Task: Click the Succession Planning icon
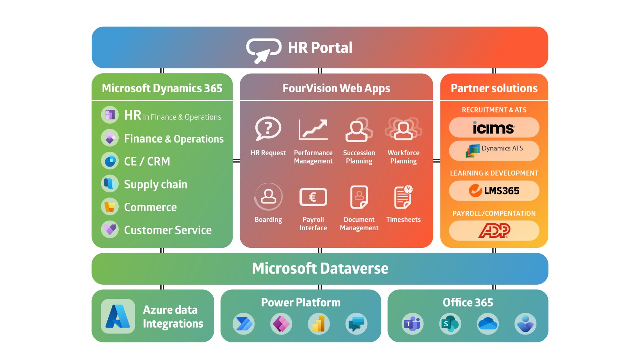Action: point(359,129)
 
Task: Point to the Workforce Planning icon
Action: point(403,129)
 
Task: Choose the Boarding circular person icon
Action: point(268,197)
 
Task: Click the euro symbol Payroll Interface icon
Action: point(313,197)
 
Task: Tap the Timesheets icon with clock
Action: point(403,197)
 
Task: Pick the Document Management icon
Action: point(359,197)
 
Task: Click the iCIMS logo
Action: point(494,128)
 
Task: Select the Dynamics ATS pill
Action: point(494,150)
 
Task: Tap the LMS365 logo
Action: point(494,191)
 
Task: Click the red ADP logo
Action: point(494,231)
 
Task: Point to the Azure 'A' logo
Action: point(118,316)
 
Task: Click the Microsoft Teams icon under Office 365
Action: point(412,324)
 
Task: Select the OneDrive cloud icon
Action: point(488,324)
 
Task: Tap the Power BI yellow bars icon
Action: point(319,324)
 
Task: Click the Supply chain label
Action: point(156,184)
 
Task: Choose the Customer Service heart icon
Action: point(110,230)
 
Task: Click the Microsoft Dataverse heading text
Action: point(320,268)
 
